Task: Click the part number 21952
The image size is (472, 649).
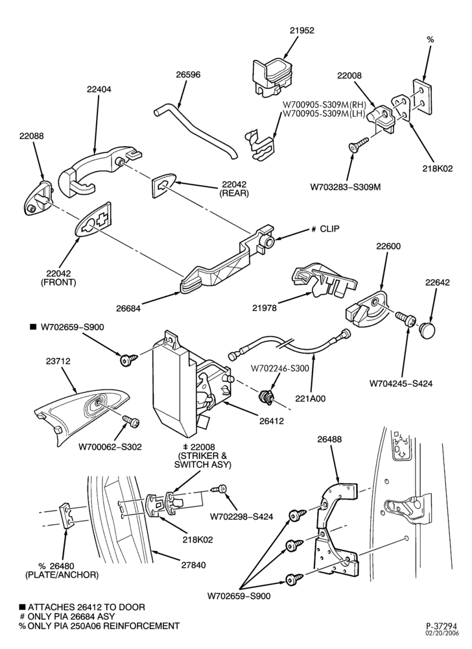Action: pos(301,31)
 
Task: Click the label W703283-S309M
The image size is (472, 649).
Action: pos(346,187)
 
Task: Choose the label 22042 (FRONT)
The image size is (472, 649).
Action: pos(58,278)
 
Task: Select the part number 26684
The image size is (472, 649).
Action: pos(128,308)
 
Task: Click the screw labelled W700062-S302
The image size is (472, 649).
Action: pos(132,421)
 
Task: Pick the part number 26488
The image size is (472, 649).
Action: pos(329,439)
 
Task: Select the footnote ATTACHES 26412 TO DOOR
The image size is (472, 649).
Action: pos(86,607)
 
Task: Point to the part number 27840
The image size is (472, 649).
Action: pos(194,565)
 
